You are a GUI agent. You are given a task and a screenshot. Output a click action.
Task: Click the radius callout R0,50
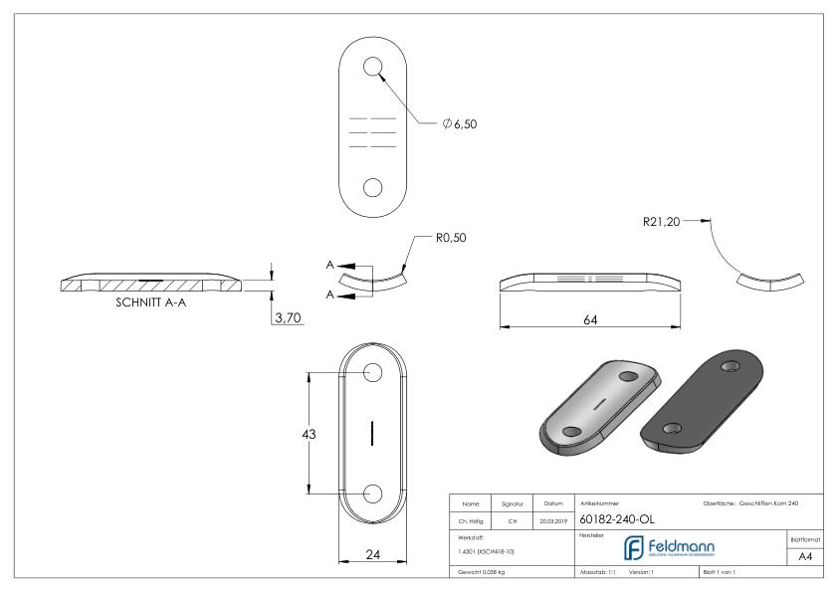[x=450, y=239]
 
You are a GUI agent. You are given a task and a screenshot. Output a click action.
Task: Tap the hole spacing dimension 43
[x=311, y=434]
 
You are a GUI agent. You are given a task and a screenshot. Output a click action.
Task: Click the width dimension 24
[x=370, y=556]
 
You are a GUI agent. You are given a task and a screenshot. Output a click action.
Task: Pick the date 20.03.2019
[x=552, y=518]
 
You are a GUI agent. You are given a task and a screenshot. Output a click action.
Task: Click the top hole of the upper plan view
[x=372, y=67]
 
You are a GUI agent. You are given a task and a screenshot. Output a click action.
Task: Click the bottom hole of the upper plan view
[x=372, y=187]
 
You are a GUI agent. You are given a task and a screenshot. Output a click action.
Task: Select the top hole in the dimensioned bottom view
[x=372, y=372]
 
